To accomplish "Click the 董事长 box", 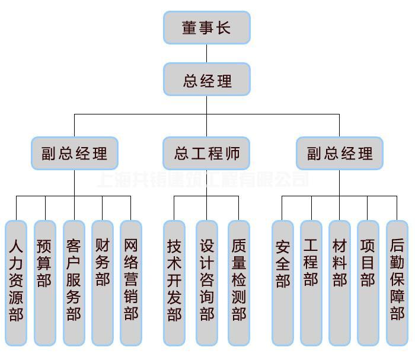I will click(x=207, y=28).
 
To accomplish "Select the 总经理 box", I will click(x=207, y=80).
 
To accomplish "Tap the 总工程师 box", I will click(x=207, y=154).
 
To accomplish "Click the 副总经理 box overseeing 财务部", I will click(x=75, y=154).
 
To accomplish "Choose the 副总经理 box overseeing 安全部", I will click(x=340, y=154).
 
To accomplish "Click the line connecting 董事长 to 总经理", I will click(x=207, y=54).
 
